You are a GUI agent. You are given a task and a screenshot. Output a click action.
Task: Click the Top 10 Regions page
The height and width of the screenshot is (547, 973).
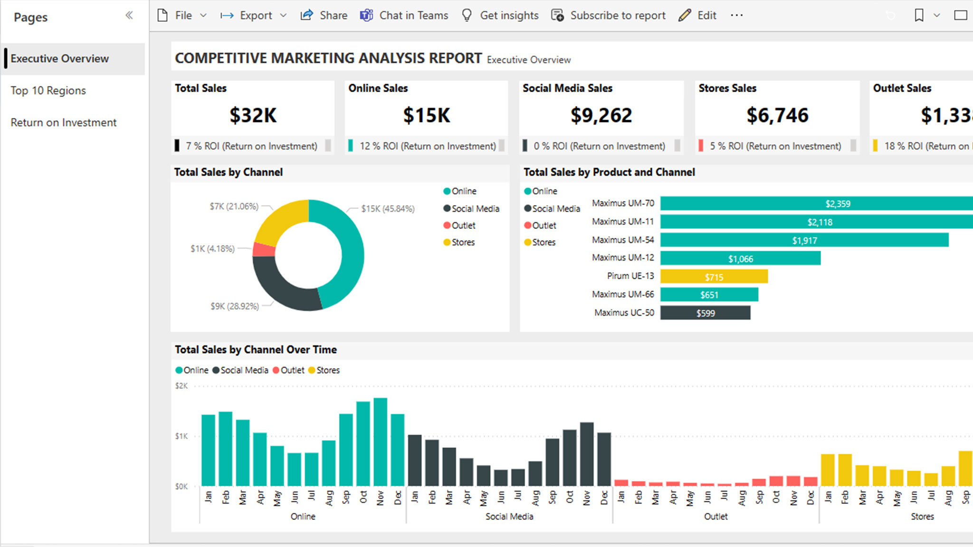(48, 91)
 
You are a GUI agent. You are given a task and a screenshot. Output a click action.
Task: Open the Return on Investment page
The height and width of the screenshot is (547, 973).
(63, 123)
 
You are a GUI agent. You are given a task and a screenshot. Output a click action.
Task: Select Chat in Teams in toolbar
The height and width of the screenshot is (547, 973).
(404, 16)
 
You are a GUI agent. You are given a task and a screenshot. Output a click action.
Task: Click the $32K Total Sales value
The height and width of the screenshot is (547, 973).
(253, 115)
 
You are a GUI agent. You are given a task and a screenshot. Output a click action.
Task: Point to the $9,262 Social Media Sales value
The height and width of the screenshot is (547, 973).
(601, 115)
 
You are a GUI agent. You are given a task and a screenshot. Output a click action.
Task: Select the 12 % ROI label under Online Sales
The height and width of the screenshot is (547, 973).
(427, 146)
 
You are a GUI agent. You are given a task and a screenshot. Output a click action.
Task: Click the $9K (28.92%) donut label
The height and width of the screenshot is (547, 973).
(235, 306)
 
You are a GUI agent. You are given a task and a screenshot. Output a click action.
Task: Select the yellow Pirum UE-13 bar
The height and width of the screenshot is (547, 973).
(714, 277)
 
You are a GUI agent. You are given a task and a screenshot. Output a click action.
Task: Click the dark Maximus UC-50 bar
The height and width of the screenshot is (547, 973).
(705, 313)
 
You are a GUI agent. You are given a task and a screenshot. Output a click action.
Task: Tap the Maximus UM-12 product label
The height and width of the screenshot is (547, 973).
(622, 258)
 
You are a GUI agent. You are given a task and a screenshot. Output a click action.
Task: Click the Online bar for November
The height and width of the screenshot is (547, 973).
(380, 442)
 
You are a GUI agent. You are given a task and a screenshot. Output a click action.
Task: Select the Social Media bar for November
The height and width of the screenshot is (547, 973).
(587, 453)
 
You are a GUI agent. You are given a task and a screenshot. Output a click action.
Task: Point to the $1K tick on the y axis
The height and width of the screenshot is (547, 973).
(181, 436)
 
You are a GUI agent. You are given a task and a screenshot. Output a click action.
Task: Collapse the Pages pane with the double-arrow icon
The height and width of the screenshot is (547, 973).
(129, 16)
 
